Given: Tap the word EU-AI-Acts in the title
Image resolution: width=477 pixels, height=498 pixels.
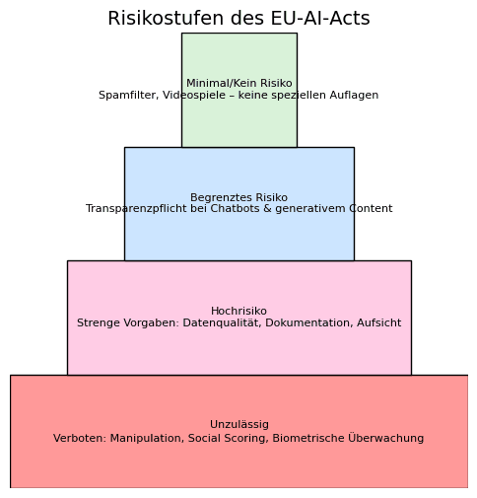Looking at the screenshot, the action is click(320, 18).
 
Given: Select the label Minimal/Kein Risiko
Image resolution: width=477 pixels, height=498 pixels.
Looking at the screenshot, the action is click(239, 83).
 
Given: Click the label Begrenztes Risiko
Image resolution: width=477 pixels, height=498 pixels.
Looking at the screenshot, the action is click(238, 197).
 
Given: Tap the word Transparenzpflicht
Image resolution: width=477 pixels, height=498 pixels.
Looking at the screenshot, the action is click(131, 209).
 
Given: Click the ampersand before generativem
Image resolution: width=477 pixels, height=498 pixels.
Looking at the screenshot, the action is click(267, 208).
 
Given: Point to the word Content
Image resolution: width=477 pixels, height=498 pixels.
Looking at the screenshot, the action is click(371, 208).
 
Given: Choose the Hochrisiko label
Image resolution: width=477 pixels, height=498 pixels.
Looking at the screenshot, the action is click(238, 311).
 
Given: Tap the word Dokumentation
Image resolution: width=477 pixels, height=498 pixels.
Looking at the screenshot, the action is click(308, 322).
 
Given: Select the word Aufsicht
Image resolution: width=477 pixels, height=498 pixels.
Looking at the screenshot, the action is click(378, 322).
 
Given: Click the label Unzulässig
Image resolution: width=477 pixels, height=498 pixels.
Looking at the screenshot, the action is click(239, 425).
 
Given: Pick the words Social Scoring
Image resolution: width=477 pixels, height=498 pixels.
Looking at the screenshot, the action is click(228, 438).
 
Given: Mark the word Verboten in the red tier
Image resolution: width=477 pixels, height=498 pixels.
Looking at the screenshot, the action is click(80, 438).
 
